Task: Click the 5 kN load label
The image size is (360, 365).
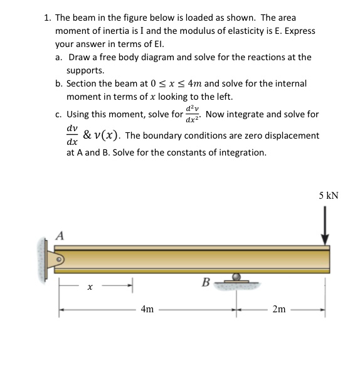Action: pos(328,195)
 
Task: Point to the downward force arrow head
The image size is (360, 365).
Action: pos(325,240)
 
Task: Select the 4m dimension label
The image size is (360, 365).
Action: pos(147,309)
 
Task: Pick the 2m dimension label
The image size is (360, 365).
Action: pos(279,309)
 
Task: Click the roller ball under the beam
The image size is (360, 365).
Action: pos(236,276)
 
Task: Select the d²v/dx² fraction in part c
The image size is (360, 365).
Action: pos(192,114)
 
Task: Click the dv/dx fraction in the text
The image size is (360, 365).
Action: pos(72,135)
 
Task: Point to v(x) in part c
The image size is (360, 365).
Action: pos(107,135)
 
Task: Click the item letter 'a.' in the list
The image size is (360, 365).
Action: pos(58,57)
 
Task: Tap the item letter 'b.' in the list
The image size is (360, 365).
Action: pos(58,83)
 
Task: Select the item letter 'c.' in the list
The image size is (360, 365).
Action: pos(58,115)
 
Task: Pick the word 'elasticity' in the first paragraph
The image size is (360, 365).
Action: pos(241,31)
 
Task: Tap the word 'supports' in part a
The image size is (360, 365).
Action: pos(85,70)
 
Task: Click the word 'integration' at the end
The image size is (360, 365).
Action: pos(242,152)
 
